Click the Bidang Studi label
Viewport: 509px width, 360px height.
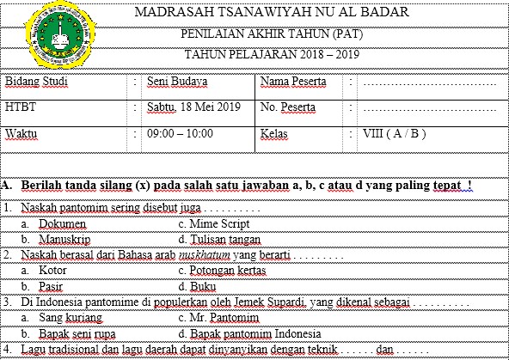(x=35, y=82)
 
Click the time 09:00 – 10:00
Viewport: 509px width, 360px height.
(x=180, y=135)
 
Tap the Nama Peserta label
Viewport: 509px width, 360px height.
(x=294, y=82)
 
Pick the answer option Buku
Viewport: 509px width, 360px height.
(x=203, y=285)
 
